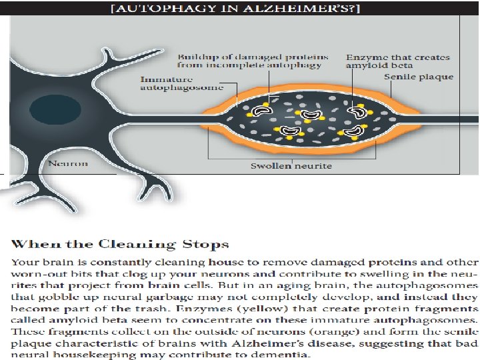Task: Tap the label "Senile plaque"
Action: (x=419, y=77)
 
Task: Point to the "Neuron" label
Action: (x=67, y=163)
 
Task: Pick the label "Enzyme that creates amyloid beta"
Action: (x=398, y=61)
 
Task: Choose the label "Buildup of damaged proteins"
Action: (x=249, y=61)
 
